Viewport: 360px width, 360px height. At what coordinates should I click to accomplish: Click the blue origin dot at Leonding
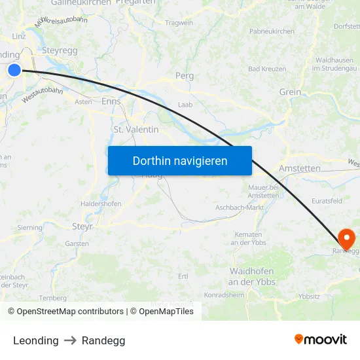click(x=14, y=69)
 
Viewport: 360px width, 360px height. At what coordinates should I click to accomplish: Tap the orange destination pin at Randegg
click(x=346, y=238)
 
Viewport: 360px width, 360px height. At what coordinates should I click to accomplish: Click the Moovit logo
click(x=320, y=339)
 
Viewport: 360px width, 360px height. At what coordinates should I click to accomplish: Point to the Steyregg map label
click(x=60, y=50)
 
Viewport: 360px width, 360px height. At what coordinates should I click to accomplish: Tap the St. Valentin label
click(x=136, y=130)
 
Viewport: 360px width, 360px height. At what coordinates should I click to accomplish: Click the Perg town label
click(x=185, y=76)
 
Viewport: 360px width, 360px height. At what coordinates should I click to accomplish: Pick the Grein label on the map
click(x=290, y=92)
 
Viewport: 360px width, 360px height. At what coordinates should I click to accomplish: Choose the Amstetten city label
click(x=299, y=168)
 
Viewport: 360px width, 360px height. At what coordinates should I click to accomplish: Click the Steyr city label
click(x=82, y=226)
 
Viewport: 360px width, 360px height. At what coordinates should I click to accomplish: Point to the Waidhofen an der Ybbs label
click(x=252, y=276)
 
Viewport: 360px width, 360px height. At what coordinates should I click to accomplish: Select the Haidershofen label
click(x=101, y=204)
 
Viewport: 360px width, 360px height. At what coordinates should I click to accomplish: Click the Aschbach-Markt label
click(x=239, y=207)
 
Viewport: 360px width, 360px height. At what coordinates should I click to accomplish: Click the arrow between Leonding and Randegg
click(x=70, y=340)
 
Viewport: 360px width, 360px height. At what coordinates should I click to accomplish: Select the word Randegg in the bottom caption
click(x=103, y=340)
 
